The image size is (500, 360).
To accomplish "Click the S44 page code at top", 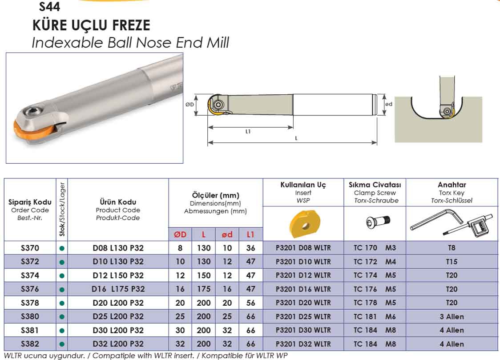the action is coord(49,6).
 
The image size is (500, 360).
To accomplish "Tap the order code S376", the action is coord(30,289).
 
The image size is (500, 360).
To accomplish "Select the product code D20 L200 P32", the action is coord(118,303).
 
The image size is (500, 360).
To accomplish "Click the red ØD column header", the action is coord(180,235).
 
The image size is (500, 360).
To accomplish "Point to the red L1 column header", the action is coord(250,235).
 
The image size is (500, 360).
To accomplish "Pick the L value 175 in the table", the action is coord(203,289).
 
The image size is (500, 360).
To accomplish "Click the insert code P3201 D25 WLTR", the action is coord(303,317).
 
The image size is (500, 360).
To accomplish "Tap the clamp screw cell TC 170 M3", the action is coord(375,248).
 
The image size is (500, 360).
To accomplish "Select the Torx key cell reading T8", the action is coord(452,248).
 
